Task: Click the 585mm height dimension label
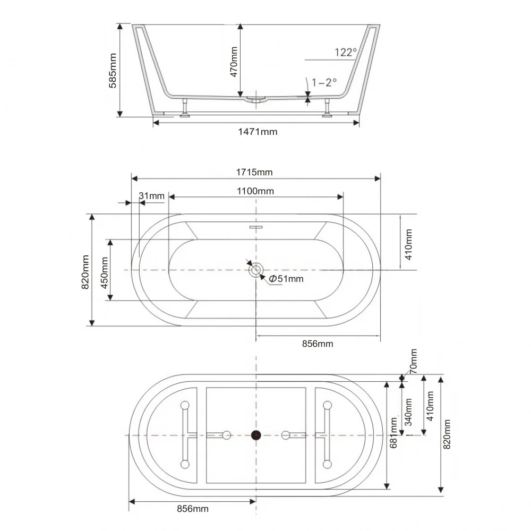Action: tap(113, 71)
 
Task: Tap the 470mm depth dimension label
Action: tap(234, 62)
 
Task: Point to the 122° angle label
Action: tap(346, 52)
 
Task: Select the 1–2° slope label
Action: tap(324, 82)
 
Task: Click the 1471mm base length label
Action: tap(258, 132)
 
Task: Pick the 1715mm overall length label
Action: tap(254, 173)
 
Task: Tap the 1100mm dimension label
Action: tap(255, 191)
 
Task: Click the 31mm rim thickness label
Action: tap(152, 196)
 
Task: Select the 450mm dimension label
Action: tap(104, 273)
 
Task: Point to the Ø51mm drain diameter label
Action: tap(286, 279)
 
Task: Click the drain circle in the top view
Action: tap(256, 270)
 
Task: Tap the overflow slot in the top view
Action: tap(256, 227)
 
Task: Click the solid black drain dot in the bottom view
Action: tap(256, 435)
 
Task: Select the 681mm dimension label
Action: tap(393, 433)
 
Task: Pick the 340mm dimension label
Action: tap(408, 412)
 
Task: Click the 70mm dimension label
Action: tap(414, 361)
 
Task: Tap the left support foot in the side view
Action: tap(185, 108)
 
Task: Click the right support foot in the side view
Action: tap(327, 108)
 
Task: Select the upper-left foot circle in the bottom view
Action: tap(185, 405)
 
